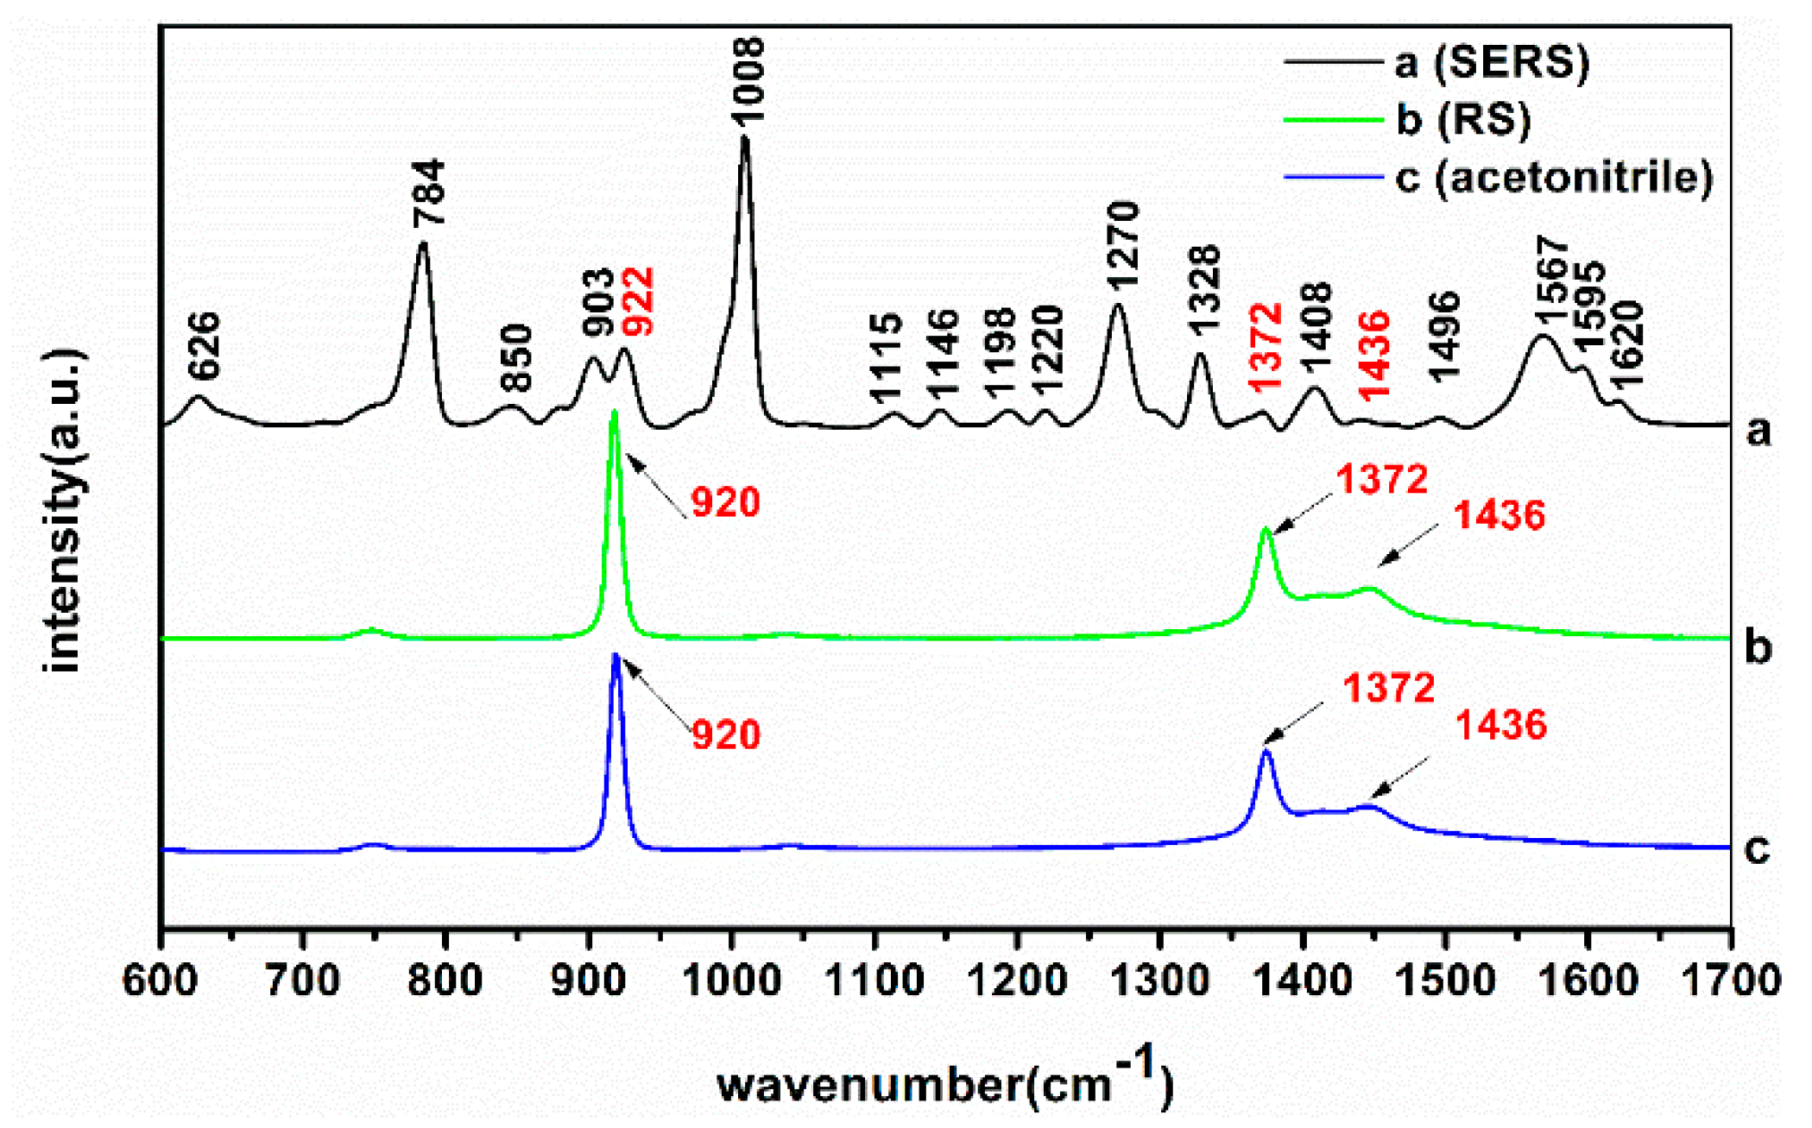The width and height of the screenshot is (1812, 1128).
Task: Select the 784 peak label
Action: click(429, 192)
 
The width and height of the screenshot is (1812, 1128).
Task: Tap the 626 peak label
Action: click(205, 345)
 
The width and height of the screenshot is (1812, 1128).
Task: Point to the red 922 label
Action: click(640, 301)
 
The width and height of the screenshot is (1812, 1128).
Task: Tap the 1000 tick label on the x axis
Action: click(732, 981)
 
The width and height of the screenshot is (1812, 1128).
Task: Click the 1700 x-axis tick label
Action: click(1729, 981)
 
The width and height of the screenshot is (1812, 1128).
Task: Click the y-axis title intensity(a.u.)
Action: click(64, 509)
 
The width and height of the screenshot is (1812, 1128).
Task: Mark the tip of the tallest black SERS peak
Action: click(745, 137)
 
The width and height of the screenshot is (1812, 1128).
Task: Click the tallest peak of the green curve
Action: click(615, 412)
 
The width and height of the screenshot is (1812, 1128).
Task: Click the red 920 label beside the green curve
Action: click(725, 502)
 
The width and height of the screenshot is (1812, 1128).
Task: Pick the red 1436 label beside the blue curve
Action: click(1501, 725)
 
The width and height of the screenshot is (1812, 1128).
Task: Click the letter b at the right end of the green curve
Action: click(1758, 646)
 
